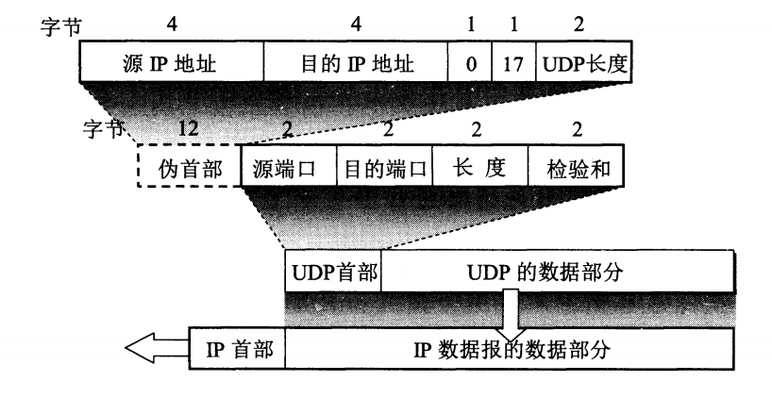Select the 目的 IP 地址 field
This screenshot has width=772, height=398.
tap(355, 65)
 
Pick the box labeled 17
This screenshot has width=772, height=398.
tap(513, 65)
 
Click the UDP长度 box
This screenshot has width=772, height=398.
tap(585, 65)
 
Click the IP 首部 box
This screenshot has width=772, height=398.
tap(238, 351)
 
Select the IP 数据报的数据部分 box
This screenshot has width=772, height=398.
tap(510, 351)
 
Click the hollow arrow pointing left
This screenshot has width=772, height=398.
tap(157, 351)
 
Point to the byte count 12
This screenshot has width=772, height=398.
tap(189, 128)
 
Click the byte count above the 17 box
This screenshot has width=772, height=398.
tap(513, 25)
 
